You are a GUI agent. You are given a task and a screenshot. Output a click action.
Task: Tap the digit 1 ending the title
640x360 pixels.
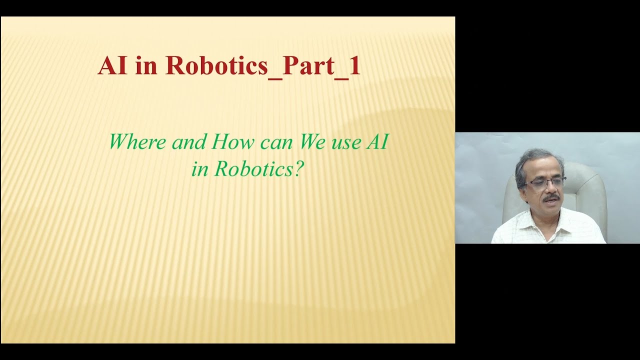tap(354, 66)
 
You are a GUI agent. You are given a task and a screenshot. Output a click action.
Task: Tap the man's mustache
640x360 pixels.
tap(550, 198)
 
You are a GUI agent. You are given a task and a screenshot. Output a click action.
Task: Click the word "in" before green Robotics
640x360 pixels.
tap(199, 169)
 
